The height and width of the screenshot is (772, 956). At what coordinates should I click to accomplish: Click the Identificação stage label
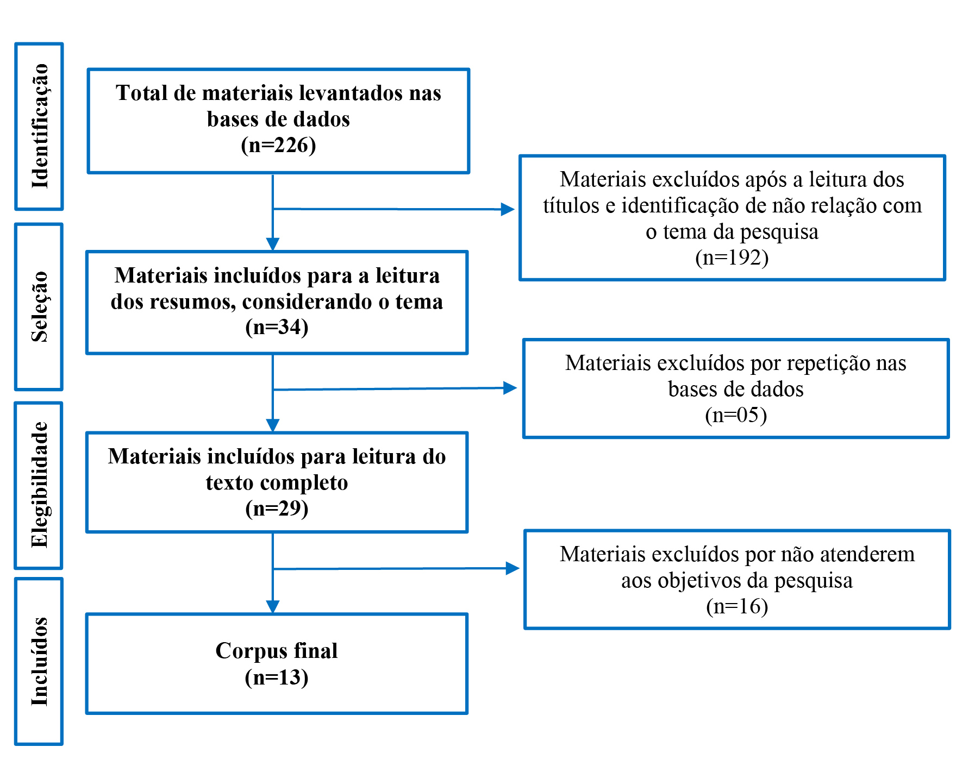point(40,126)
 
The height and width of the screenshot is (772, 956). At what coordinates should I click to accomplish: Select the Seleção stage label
point(40,306)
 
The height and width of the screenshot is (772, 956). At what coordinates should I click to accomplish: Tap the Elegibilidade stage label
point(40,485)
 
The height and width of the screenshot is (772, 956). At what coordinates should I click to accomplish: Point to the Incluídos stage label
point(40,661)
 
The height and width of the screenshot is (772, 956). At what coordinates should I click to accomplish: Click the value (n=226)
point(278,145)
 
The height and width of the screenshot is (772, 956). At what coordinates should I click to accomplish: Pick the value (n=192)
point(732,258)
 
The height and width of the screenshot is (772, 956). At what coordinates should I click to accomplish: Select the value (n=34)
point(277,327)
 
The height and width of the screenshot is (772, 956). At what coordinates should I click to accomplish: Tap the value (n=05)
point(736,415)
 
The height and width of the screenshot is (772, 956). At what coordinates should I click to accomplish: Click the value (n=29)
point(277,509)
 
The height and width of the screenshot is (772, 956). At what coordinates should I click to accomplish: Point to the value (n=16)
point(737,606)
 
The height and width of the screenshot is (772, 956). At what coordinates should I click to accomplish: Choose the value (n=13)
point(277,677)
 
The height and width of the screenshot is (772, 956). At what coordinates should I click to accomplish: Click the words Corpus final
point(277,651)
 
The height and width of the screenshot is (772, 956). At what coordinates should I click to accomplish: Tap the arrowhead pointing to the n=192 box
point(508,209)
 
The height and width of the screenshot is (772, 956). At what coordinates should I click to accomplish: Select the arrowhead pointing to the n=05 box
point(510,388)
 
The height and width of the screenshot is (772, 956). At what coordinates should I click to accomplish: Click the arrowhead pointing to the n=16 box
point(513,568)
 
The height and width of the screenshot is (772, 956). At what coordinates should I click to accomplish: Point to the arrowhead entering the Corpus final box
point(273,607)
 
